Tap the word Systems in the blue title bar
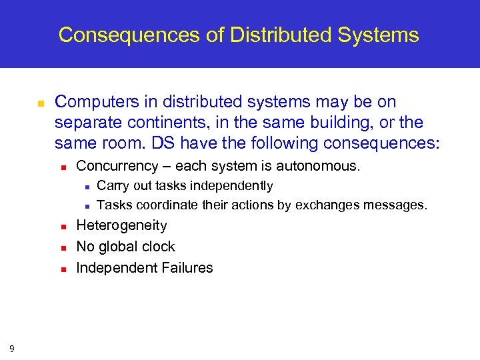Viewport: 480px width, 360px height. click(x=380, y=35)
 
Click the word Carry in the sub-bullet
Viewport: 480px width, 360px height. click(x=112, y=185)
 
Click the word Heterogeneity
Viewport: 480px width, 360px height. click(x=121, y=225)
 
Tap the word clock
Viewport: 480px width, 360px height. click(x=157, y=247)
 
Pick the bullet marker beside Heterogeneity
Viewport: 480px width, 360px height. click(x=62, y=227)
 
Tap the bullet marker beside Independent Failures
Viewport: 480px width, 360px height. click(x=62, y=269)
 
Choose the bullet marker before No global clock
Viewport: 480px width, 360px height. click(x=62, y=248)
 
